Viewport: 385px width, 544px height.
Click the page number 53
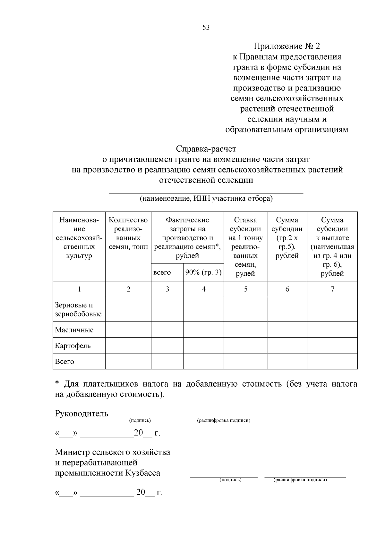206,28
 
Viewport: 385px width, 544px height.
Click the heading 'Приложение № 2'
287,46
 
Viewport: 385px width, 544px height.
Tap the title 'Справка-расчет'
206,149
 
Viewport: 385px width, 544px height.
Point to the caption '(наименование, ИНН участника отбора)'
206,198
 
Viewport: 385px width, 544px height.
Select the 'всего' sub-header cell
162,273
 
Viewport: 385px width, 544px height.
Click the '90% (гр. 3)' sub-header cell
203,273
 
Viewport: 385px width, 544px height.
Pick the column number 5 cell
245,289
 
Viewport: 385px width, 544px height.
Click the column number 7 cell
332,289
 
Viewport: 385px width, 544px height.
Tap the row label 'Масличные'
74,330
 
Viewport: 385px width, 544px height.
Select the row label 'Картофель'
73,346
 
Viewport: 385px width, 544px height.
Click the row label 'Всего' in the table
64,362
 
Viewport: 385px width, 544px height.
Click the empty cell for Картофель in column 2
128,346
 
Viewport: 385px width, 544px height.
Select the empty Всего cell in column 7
332,362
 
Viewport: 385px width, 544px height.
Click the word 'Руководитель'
81,414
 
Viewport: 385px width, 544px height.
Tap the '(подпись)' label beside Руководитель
140,420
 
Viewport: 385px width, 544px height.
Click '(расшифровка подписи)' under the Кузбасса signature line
300,480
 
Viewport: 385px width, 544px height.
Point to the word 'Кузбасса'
143,473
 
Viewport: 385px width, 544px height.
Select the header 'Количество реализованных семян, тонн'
128,233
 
